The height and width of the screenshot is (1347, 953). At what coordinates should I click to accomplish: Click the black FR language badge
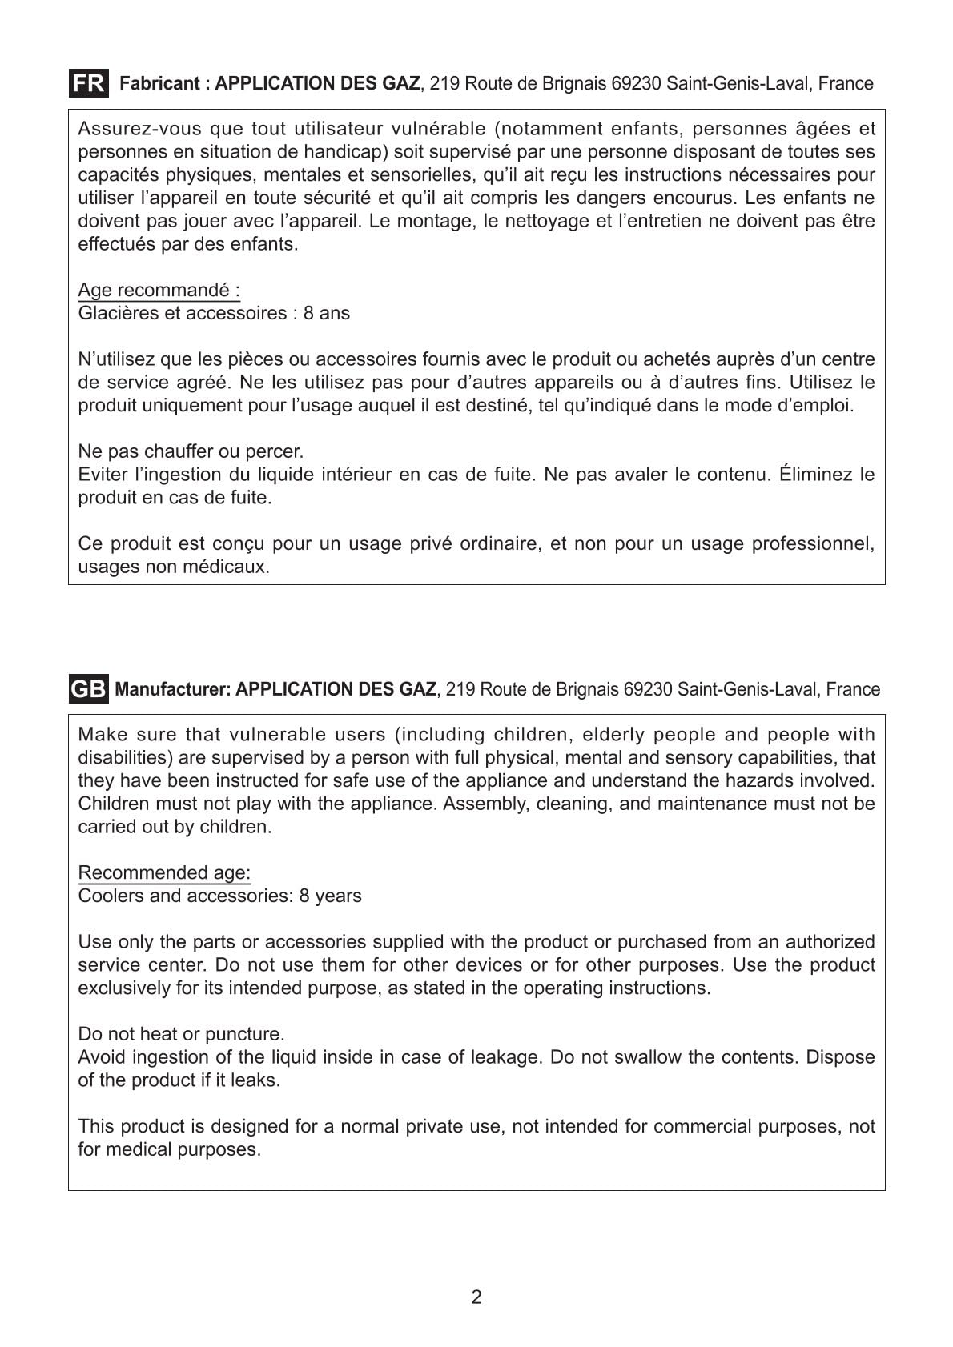[x=88, y=83]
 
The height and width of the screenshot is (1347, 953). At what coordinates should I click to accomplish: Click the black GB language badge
[x=88, y=689]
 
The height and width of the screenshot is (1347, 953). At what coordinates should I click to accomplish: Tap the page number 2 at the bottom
[x=476, y=1297]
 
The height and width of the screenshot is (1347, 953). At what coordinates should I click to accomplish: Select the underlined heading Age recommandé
[x=159, y=290]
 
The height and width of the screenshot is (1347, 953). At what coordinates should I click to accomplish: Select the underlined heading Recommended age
[x=164, y=872]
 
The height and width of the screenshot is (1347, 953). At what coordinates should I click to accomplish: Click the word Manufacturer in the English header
[x=171, y=689]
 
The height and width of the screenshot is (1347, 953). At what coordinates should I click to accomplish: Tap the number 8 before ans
[x=308, y=313]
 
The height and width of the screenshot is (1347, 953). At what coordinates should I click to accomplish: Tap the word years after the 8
[x=338, y=896]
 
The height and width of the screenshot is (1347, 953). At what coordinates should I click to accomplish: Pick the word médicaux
[x=231, y=567]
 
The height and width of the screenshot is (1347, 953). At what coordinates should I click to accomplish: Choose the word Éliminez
[x=815, y=475]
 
